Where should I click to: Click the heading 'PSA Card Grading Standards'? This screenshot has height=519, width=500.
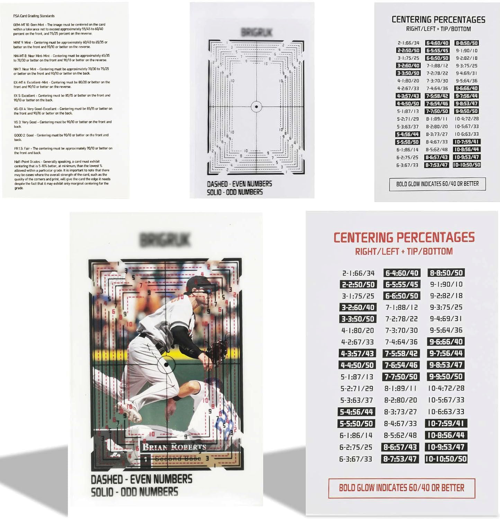[x=34, y=16]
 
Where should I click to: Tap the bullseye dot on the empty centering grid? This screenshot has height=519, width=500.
[x=256, y=107]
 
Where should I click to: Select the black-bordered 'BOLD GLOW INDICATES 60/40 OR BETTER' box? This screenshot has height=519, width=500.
[x=437, y=184]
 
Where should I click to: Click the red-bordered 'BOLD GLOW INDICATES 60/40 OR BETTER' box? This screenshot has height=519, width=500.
[x=401, y=488]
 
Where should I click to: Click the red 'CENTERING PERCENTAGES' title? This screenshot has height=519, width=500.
[x=404, y=237]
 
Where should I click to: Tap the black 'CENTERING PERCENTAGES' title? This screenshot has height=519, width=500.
[x=438, y=19]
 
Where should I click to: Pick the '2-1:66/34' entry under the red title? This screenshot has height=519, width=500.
[x=358, y=273]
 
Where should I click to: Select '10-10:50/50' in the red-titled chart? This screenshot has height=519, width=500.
[x=446, y=459]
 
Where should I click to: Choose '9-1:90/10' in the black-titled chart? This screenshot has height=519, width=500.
[x=466, y=51]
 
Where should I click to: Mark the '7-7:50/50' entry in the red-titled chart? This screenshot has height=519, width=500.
[x=401, y=376]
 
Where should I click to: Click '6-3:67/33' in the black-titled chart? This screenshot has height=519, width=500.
[x=408, y=165]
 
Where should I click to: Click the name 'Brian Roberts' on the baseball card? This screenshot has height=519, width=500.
[x=174, y=447]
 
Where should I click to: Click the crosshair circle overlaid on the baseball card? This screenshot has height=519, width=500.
[x=166, y=365]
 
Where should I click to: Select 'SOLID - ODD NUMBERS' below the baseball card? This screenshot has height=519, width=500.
[x=134, y=492]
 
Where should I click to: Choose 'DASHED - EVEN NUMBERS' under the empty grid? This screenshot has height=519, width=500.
[x=239, y=184]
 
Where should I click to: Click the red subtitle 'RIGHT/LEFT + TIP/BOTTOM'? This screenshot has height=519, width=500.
[x=404, y=251]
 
